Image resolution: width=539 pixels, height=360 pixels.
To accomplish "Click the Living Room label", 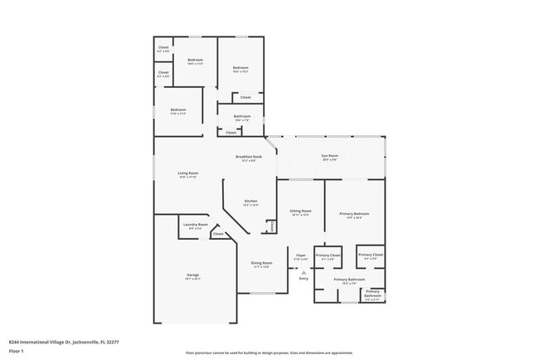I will coord(187,173).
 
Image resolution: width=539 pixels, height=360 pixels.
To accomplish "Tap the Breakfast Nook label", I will coord(249,156).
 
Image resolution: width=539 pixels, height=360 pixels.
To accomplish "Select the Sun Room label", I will coord(330,156).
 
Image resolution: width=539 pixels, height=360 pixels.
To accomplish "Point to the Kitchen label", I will coord(250,202).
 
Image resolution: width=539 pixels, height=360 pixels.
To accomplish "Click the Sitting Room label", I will coord(300,212).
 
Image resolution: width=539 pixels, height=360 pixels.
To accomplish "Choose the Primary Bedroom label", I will coord(354,214).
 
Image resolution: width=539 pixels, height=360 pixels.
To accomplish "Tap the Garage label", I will coord(192,275).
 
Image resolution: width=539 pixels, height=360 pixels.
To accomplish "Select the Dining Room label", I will coord(262,264).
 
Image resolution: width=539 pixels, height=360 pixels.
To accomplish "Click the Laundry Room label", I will coord(197,225).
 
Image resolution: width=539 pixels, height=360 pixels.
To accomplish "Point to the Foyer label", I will coord(302,255).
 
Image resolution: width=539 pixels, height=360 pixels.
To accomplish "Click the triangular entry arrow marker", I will coord(303,271).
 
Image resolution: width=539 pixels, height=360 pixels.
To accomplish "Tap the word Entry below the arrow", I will coord(303,278).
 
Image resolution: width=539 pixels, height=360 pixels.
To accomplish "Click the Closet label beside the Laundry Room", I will coord(218,234).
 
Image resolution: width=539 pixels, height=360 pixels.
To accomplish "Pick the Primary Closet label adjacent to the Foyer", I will coord(328,255).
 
